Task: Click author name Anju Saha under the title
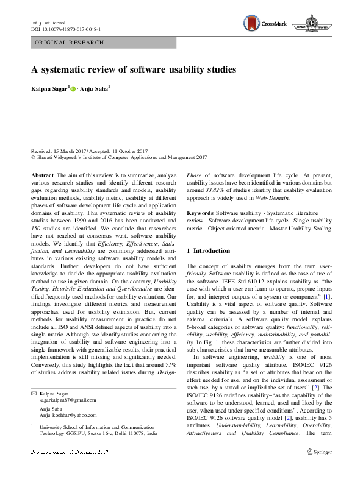(x=95, y=90)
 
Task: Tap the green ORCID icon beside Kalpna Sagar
(x=74, y=90)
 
